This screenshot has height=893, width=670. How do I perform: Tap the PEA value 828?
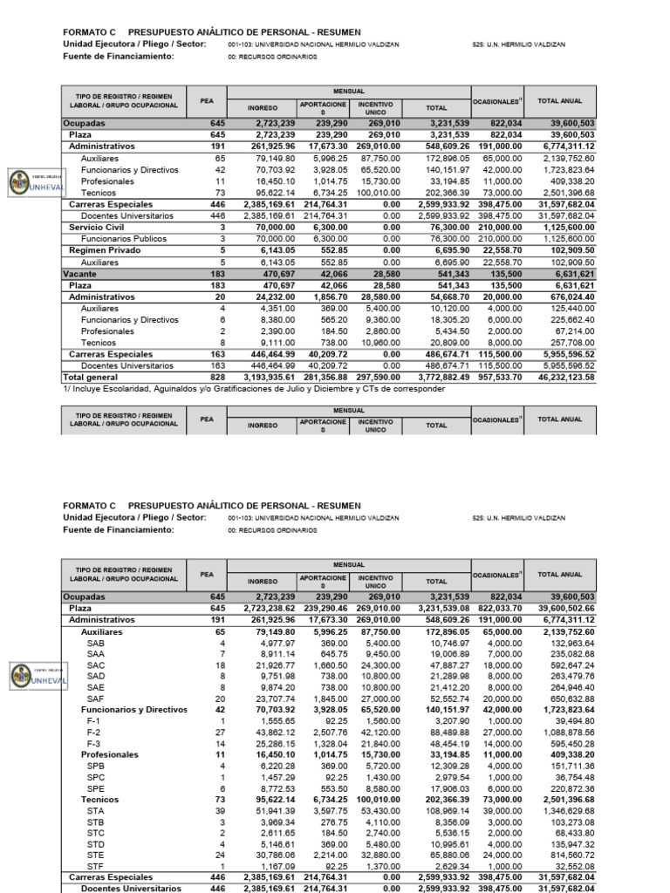pos(217,377)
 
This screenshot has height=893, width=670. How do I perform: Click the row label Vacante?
pos(81,274)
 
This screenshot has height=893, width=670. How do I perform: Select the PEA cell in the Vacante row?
pos(217,274)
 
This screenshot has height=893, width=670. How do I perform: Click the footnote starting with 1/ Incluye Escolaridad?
pos(253,389)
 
